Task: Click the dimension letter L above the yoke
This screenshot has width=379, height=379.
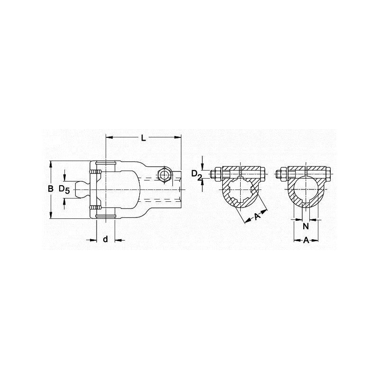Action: (143, 137)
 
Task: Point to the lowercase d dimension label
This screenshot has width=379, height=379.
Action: (106, 239)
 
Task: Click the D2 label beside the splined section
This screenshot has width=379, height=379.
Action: (197, 176)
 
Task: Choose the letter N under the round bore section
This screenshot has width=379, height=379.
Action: (306, 226)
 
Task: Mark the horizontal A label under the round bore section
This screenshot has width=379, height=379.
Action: (306, 241)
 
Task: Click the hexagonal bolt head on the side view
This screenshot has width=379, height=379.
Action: (163, 175)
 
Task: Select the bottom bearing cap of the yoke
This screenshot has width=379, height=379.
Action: (106, 217)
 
